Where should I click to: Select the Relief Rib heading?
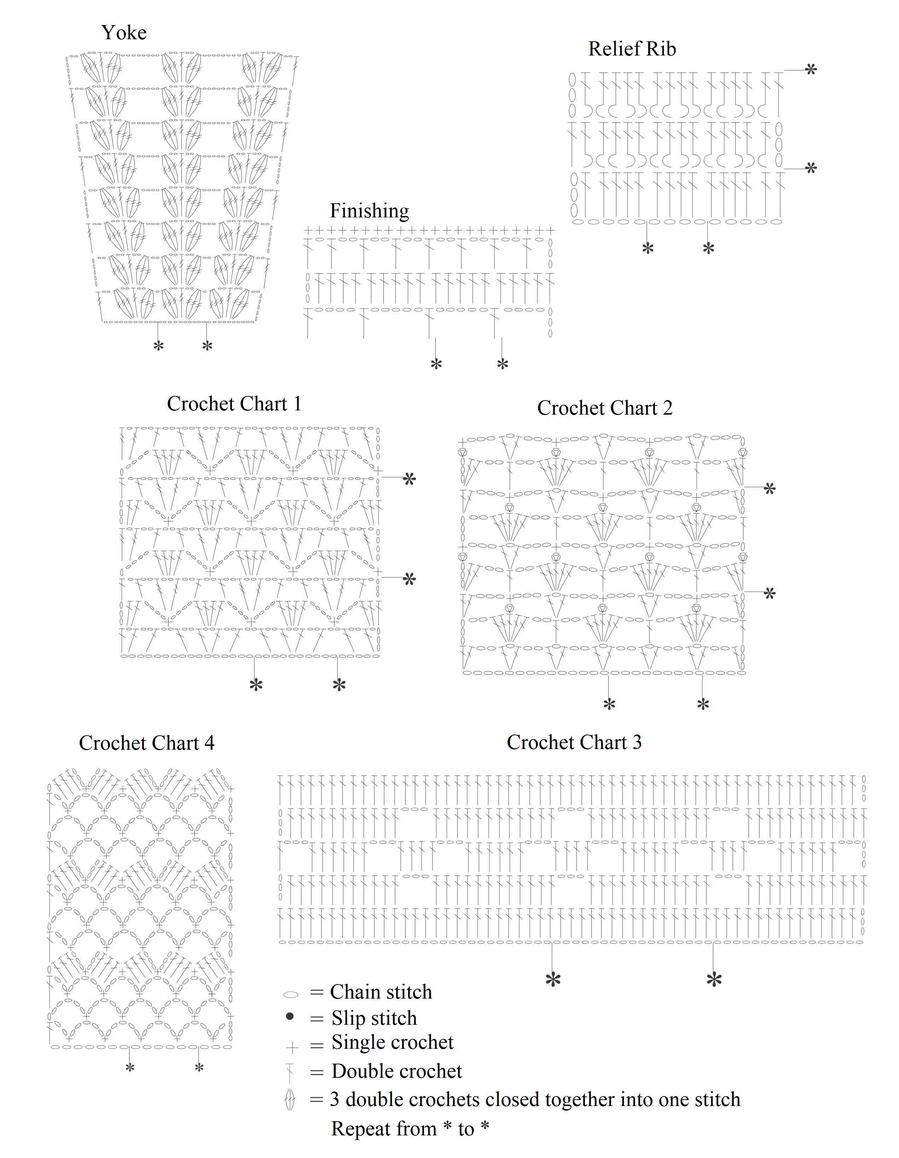click(x=632, y=49)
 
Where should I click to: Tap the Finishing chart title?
click(x=369, y=211)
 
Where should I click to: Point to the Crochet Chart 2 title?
click(x=605, y=408)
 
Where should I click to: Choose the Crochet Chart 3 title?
click(x=574, y=742)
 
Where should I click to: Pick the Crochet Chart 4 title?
click(x=146, y=743)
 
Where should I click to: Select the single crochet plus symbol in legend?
click(x=292, y=1047)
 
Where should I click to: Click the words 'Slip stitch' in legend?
click(x=374, y=1018)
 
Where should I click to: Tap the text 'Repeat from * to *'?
click(x=410, y=1129)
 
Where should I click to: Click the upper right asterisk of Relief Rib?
click(x=811, y=70)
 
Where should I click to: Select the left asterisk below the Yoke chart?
click(x=158, y=347)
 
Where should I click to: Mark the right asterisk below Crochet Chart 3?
click(x=714, y=980)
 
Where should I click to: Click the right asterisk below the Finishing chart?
click(x=502, y=364)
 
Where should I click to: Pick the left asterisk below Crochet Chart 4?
click(x=129, y=1068)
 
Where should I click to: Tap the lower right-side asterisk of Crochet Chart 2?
click(x=769, y=593)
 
